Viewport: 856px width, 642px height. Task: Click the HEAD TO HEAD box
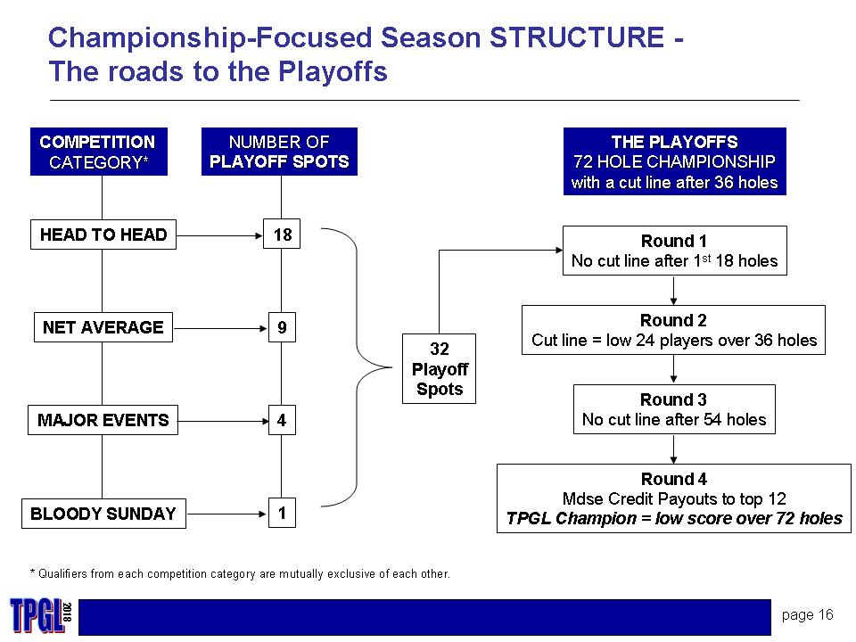103,235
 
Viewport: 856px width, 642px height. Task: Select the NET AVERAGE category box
103,328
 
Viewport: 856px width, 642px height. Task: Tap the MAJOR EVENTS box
103,420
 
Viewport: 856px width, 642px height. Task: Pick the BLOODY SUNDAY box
103,514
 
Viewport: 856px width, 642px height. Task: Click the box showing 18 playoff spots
283,235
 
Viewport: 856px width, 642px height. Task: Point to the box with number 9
282,328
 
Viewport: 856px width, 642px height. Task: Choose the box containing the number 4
282,420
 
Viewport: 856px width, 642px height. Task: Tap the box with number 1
282,514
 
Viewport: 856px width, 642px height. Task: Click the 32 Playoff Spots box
440,369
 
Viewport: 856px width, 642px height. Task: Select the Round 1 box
674,251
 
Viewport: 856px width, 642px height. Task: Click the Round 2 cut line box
673,330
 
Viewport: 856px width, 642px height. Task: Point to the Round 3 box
674,409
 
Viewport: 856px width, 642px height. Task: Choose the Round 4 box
673,498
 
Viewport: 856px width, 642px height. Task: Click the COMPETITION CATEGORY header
98,152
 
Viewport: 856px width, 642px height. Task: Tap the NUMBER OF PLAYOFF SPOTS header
279,152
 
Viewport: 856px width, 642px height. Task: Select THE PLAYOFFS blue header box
674,161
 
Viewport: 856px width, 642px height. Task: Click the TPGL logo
38,615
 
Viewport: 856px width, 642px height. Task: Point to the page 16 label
808,614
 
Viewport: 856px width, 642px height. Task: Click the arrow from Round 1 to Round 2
673,291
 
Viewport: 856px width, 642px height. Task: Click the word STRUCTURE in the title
574,37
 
